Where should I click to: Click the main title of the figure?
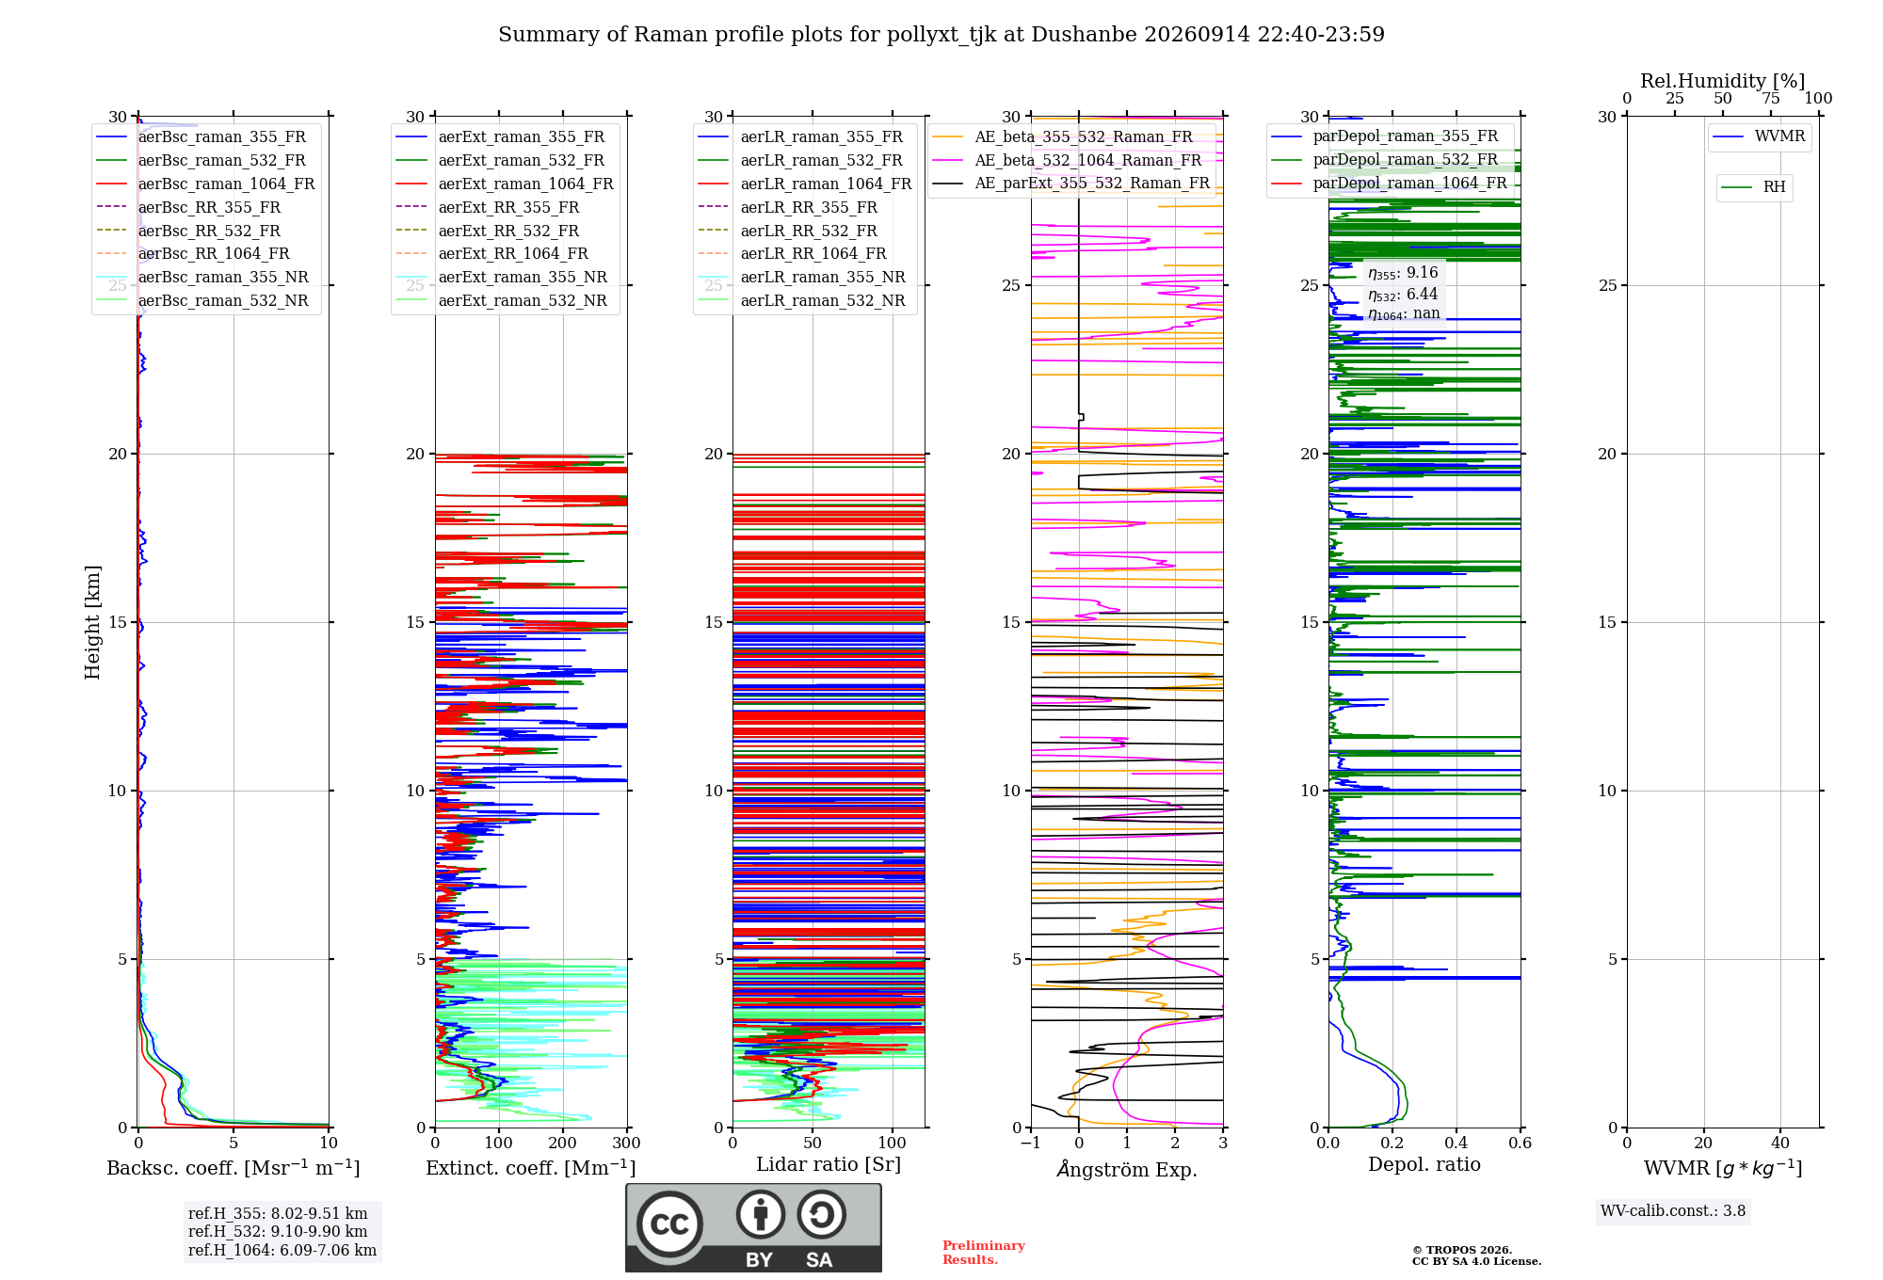coord(941,35)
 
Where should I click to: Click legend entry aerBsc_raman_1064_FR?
coord(226,184)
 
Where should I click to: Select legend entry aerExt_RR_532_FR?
coord(508,231)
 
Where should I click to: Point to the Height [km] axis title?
coord(92,621)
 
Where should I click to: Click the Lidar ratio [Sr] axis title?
coord(829,1164)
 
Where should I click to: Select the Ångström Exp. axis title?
coord(1127,1169)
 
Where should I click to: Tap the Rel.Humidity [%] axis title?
coord(1723,81)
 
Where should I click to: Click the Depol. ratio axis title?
coord(1424,1164)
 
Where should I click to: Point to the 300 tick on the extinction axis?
coord(627,1143)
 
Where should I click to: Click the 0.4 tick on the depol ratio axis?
coord(1457,1143)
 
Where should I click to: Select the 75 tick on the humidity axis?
coord(1771,98)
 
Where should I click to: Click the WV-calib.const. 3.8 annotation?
coord(1673,1211)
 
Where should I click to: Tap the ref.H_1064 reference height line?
coord(282,1251)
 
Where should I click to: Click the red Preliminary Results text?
coord(984,1253)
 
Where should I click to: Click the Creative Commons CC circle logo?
coord(669,1224)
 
